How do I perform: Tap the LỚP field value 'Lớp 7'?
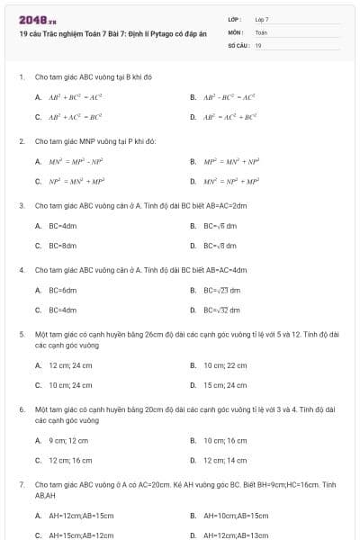tap(262, 19)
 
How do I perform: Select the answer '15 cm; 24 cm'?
tap(225, 384)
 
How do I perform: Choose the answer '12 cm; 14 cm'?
tap(225, 460)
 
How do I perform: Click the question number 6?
tap(21, 409)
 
